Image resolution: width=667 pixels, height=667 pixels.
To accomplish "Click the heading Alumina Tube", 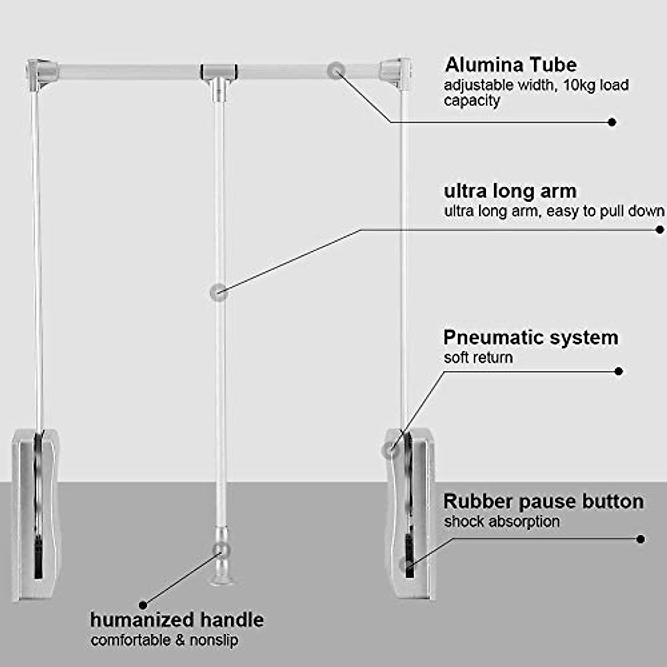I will pos(511,65).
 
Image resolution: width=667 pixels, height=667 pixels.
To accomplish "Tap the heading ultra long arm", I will pos(510,191).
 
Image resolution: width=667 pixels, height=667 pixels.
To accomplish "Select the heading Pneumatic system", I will pos(530,337).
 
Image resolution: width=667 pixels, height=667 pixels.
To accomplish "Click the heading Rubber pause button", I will pos(543,501).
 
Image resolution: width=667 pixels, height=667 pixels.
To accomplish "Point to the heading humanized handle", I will pos(177,620).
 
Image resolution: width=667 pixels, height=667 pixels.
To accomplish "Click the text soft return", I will pos(478,357).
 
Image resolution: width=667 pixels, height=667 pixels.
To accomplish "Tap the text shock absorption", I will pos(501,521).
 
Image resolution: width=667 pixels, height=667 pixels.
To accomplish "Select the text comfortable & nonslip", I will pos(165,640).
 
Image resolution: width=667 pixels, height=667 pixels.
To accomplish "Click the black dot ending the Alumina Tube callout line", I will pos(612,122).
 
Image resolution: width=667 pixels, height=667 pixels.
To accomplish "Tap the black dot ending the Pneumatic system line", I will pos(619,371).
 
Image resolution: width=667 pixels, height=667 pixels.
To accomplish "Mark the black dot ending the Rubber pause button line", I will pos(640,539).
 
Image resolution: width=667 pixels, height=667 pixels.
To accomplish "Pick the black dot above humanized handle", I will pos(143,605).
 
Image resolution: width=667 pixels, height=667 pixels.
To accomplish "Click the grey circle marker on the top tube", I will pos(336,71).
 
